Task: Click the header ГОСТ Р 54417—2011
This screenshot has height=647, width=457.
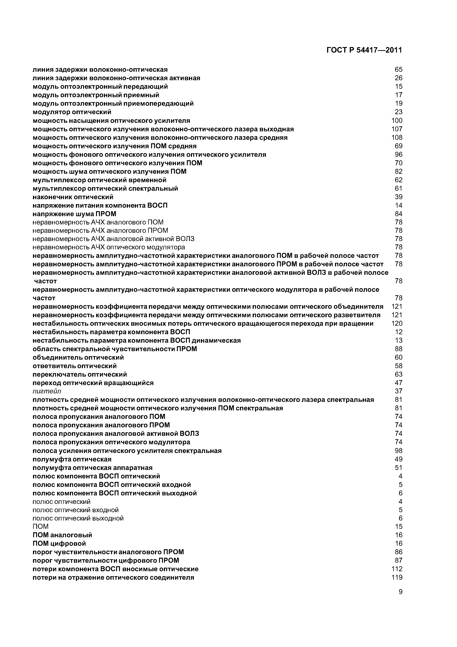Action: (x=364, y=50)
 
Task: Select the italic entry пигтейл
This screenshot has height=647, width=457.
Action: (x=47, y=391)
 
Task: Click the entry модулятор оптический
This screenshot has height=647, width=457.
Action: (x=72, y=112)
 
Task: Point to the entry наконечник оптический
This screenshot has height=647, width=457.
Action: (x=73, y=197)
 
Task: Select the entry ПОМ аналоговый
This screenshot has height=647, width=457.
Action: (x=62, y=535)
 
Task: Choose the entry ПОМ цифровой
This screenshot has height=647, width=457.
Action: (x=59, y=543)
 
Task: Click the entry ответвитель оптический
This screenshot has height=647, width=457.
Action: (x=75, y=366)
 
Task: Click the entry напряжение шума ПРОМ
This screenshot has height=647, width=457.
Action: (x=74, y=214)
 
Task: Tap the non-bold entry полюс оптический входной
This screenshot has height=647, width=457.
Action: (x=76, y=510)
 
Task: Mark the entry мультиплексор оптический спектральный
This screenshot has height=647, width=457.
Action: (x=105, y=188)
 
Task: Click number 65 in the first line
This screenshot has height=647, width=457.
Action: (x=398, y=70)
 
